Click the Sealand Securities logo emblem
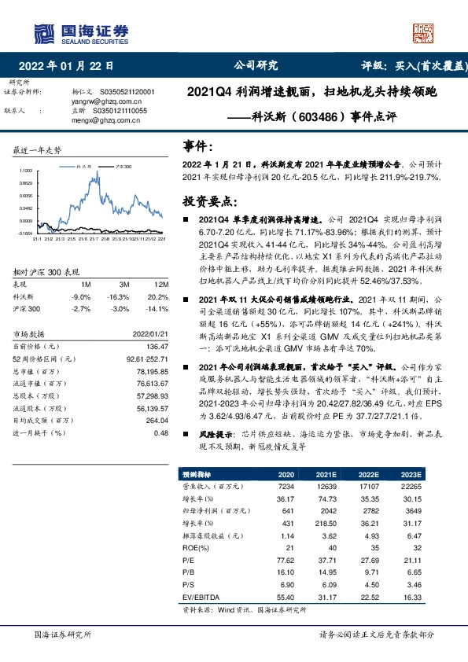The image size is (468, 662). [x=42, y=32]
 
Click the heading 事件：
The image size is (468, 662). [x=197, y=147]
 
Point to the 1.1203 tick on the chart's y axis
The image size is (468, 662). [x=26, y=170]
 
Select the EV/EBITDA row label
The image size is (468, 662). [x=200, y=598]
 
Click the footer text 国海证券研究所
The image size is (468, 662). [x=64, y=634]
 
